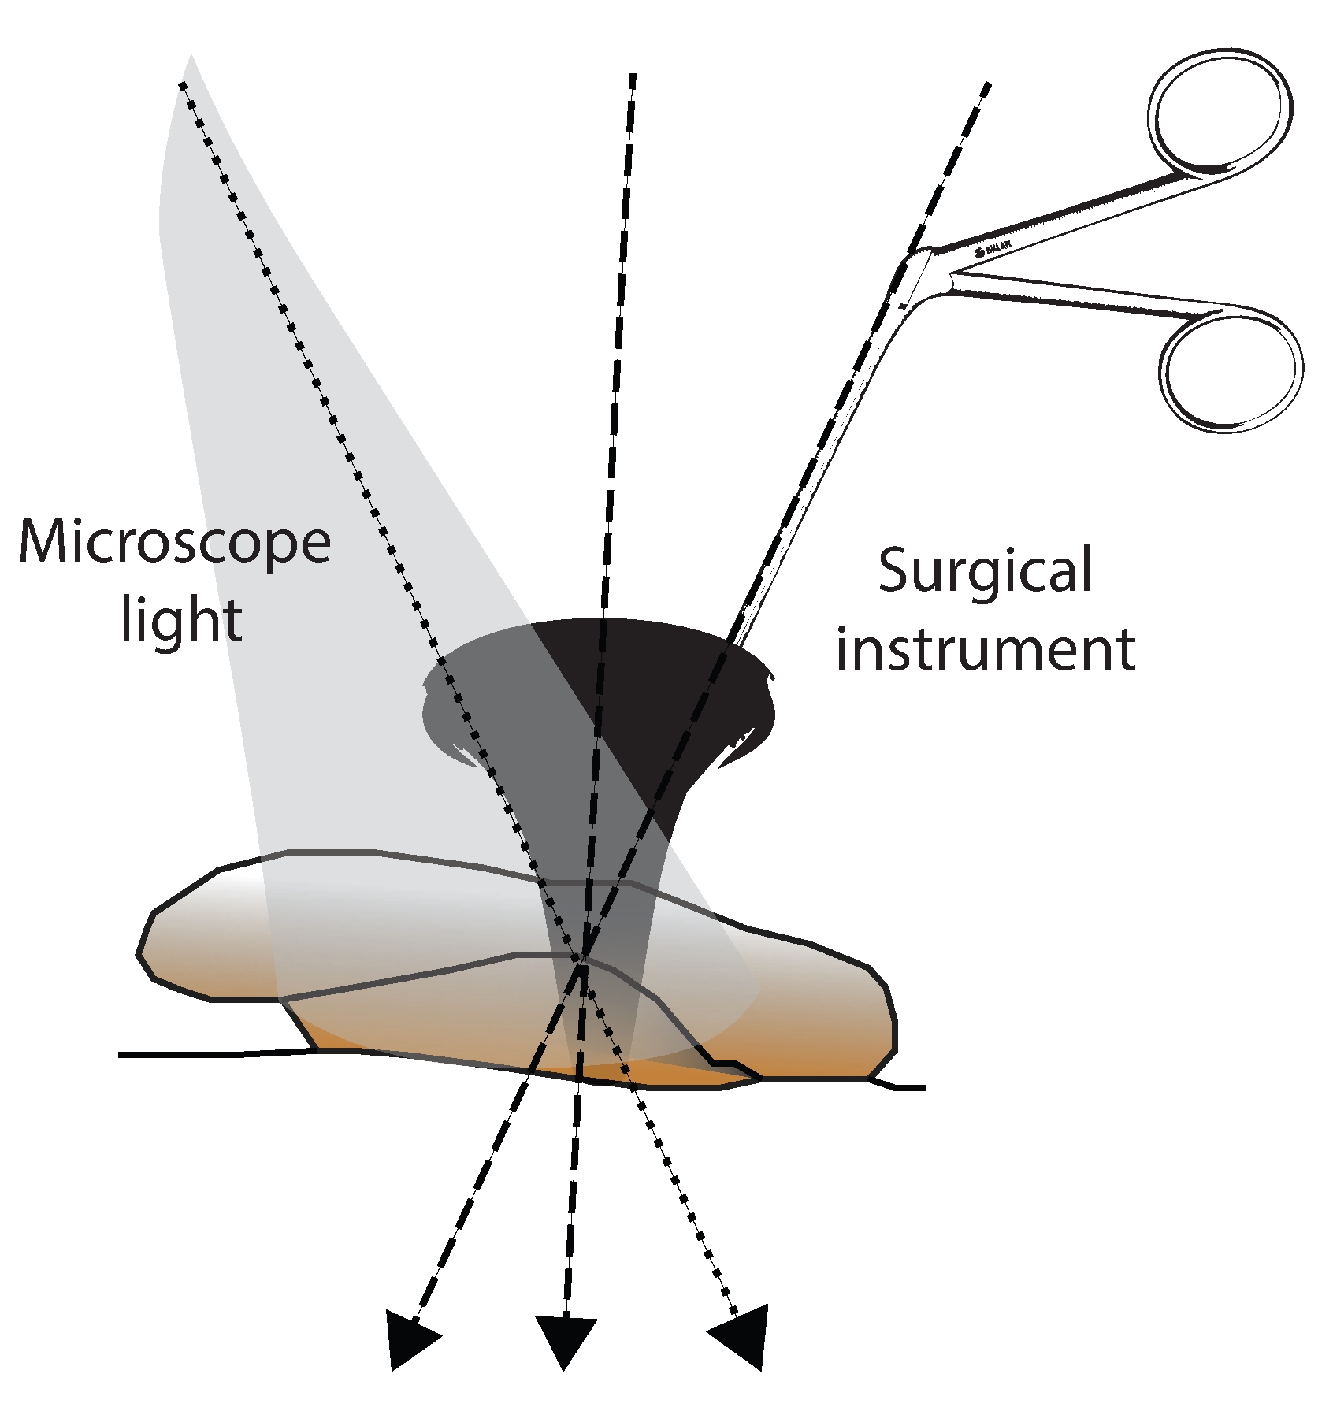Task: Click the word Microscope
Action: point(175,543)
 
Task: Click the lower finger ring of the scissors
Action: point(1231,369)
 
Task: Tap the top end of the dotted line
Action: point(183,84)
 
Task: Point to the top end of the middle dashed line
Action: point(633,76)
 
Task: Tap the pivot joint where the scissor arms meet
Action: point(930,272)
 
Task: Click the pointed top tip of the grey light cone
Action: point(190,57)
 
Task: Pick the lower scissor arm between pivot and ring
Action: point(1087,303)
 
